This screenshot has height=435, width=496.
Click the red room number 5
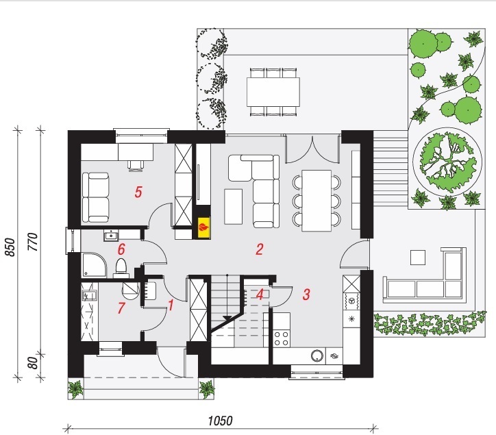click(138, 192)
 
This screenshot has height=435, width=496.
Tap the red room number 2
click(260, 249)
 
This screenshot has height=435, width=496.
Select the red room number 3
click(306, 294)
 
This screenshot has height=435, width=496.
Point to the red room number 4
click(260, 295)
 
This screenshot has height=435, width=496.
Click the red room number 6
click(121, 249)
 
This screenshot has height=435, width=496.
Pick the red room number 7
click(121, 308)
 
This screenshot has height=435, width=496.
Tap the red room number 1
click(171, 306)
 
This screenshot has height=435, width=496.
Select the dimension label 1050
click(220, 421)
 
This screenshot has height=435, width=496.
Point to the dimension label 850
click(10, 247)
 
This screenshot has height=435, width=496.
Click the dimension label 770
click(33, 242)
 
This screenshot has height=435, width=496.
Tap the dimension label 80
click(33, 362)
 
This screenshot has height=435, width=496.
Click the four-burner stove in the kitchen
click(281, 338)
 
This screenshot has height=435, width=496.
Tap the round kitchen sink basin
click(317, 356)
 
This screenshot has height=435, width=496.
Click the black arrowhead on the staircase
click(227, 319)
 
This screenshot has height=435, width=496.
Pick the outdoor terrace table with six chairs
click(273, 92)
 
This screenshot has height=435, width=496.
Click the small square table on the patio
click(417, 258)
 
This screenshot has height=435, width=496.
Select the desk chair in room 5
click(136, 166)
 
